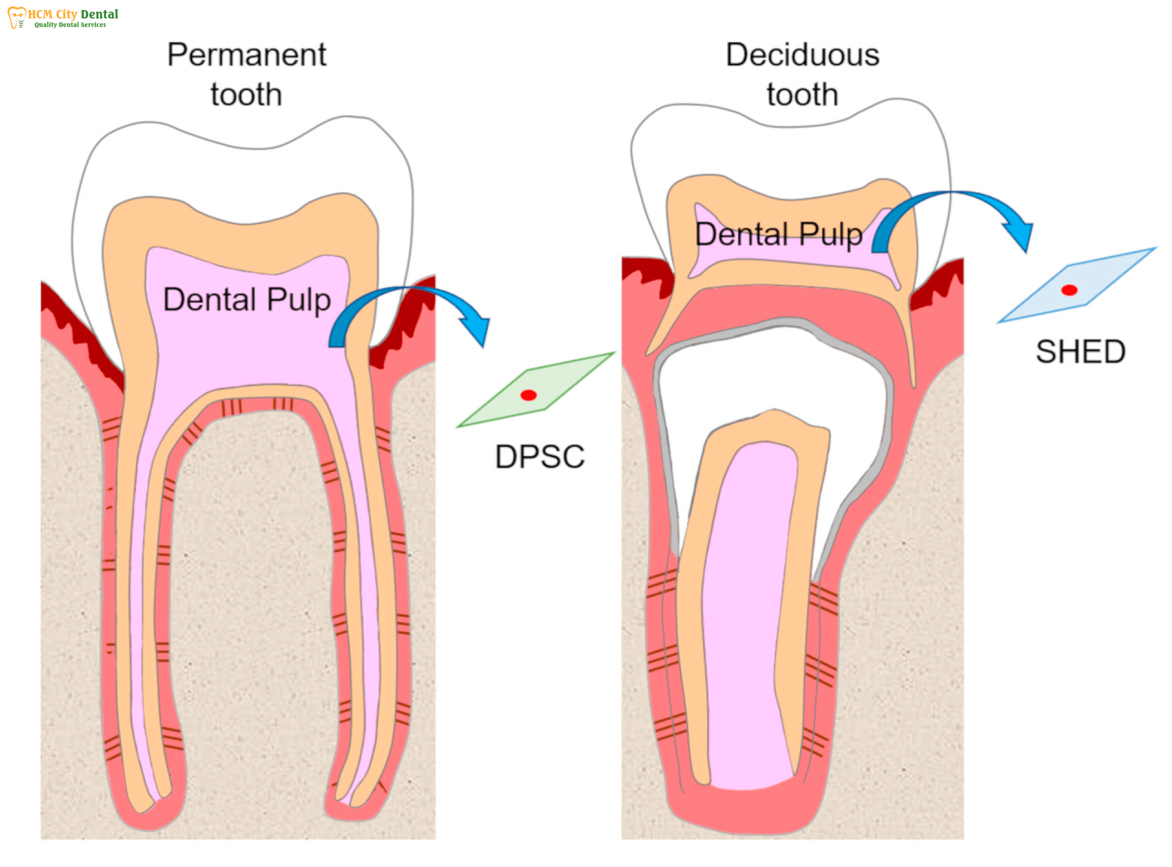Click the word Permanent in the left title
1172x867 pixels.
pyautogui.click(x=246, y=55)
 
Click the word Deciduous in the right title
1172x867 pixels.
pyautogui.click(x=802, y=55)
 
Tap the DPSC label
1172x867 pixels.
pyautogui.click(x=539, y=456)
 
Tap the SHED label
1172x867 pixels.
pyautogui.click(x=1080, y=352)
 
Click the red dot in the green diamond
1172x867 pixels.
pyautogui.click(x=528, y=395)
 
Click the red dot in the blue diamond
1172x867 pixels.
pyautogui.click(x=1069, y=290)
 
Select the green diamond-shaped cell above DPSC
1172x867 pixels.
pyautogui.click(x=536, y=390)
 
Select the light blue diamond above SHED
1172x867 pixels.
pyautogui.click(x=1076, y=285)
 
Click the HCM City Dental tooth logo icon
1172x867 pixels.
pyautogui.click(x=17, y=17)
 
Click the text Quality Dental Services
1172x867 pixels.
pyautogui.click(x=70, y=25)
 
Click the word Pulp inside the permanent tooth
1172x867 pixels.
pyautogui.click(x=298, y=301)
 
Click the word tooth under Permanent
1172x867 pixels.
pyautogui.click(x=246, y=94)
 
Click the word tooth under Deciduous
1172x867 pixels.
pyautogui.click(x=802, y=94)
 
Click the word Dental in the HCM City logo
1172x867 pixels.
pyautogui.click(x=99, y=14)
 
